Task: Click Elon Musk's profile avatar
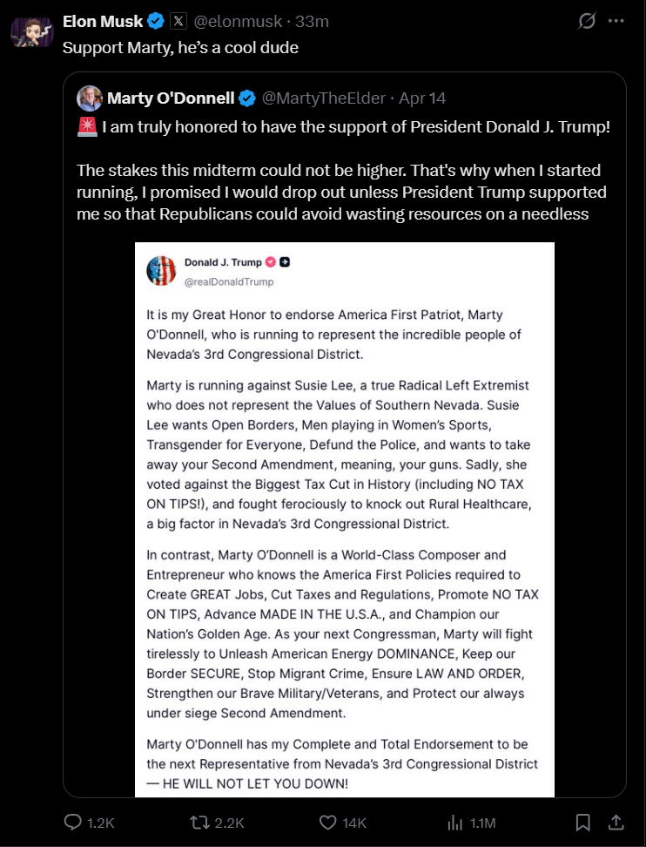tap(32, 32)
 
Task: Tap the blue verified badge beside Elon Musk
tap(156, 21)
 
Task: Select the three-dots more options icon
tap(616, 21)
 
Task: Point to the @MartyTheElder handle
tap(324, 98)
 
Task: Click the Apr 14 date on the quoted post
tap(422, 98)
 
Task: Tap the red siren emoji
tap(86, 128)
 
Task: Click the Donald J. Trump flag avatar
tap(161, 271)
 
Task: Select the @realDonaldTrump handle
tap(229, 281)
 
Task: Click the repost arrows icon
tap(199, 822)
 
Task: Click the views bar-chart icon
tap(454, 822)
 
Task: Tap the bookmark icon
tap(583, 822)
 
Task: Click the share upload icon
tap(616, 822)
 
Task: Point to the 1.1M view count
tap(482, 822)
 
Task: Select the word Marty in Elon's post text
tap(142, 47)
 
